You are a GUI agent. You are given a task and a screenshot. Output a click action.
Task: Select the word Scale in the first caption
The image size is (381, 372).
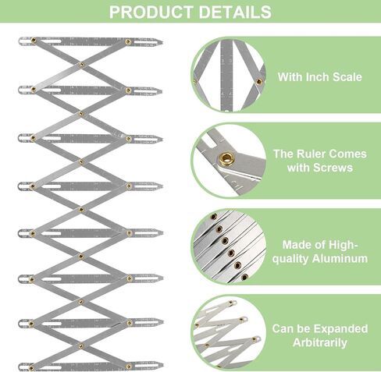(x=351, y=77)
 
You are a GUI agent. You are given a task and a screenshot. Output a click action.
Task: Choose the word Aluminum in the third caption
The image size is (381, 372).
(x=337, y=259)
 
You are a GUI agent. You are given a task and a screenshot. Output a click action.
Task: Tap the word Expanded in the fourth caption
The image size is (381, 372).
(x=336, y=328)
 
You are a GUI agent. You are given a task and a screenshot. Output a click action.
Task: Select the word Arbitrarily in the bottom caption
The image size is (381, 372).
(x=319, y=342)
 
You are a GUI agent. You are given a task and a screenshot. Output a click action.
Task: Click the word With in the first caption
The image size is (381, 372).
(x=291, y=77)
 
